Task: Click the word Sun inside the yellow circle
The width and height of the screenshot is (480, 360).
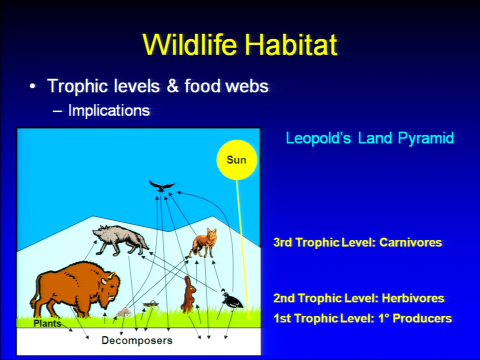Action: [x=236, y=160]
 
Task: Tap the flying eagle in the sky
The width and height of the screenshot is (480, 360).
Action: [x=161, y=186]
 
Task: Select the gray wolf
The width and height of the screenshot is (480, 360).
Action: [x=120, y=240]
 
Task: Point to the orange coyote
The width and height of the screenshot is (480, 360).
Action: [x=202, y=243]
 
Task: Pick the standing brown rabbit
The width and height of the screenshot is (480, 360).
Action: [x=188, y=294]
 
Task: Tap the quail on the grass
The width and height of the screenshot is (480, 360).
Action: [x=231, y=299]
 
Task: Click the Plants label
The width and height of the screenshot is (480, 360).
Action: [x=47, y=323]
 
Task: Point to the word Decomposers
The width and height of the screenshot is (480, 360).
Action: [x=137, y=340]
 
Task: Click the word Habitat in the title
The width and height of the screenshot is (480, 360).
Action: [x=290, y=44]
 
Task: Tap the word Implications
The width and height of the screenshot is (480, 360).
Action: [x=109, y=110]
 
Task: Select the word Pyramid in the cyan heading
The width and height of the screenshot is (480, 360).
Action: [x=426, y=138]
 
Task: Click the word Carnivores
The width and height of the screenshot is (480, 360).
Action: [x=410, y=242]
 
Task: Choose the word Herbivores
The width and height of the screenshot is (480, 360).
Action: [x=413, y=298]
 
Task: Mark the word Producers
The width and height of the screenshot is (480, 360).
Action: [x=422, y=318]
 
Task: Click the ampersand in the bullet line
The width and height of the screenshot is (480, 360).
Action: [x=172, y=86]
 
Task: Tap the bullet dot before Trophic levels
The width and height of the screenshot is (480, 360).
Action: [x=32, y=86]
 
